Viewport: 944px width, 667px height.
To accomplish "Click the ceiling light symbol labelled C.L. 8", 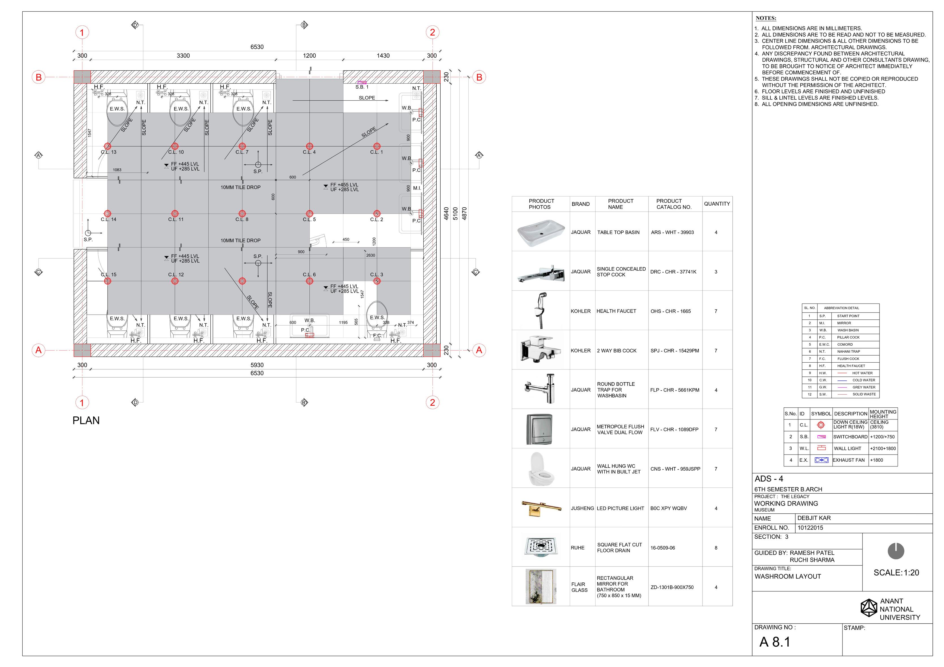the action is pyautogui.click(x=242, y=214).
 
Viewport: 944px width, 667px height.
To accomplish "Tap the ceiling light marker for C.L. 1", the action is pyautogui.click(x=377, y=146).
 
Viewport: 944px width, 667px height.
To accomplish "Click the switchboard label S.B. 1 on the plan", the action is pyautogui.click(x=362, y=87).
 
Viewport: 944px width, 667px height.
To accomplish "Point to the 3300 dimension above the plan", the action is pyautogui.click(x=183, y=55).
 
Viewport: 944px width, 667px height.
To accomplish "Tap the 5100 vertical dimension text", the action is pyautogui.click(x=455, y=214).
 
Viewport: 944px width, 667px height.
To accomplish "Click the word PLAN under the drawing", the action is pyautogui.click(x=86, y=420).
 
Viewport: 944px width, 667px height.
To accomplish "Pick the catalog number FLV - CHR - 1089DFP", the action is pyautogui.click(x=674, y=429).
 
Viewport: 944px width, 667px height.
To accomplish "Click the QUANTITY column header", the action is pyautogui.click(x=717, y=204).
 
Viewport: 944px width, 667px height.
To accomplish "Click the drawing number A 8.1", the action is pyautogui.click(x=775, y=642).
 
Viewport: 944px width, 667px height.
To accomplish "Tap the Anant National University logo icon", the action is pyautogui.click(x=869, y=608).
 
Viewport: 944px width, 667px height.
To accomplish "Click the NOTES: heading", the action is pyautogui.click(x=766, y=18).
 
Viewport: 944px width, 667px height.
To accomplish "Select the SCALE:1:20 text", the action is pyautogui.click(x=896, y=573).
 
